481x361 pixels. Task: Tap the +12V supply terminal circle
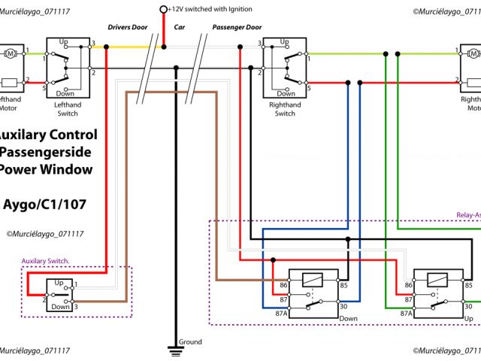point(164,10)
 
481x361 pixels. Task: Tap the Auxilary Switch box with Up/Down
point(60,296)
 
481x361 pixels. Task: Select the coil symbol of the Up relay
point(438,281)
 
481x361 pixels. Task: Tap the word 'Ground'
point(191,342)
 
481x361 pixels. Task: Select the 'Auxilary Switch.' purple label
point(45,261)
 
